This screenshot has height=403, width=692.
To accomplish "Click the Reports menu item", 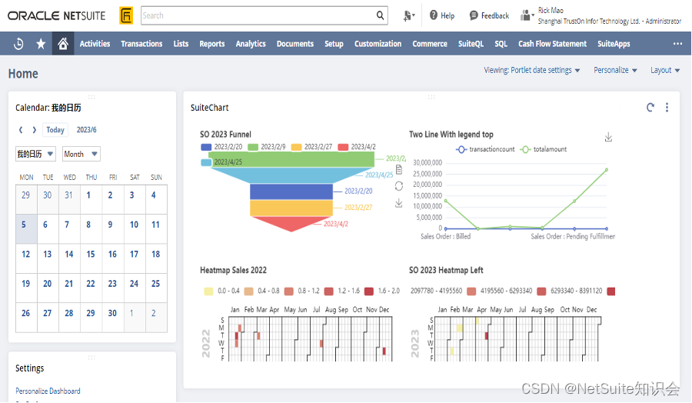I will click(x=211, y=44).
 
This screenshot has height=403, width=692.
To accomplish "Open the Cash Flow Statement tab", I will click(x=552, y=44).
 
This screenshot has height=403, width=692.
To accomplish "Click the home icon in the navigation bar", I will click(x=63, y=44).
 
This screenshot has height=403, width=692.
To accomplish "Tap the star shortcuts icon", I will click(x=41, y=44).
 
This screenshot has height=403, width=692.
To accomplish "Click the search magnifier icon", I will click(x=381, y=15).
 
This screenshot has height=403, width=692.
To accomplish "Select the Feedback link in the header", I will click(x=489, y=15).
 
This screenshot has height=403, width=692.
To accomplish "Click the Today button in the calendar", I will click(x=55, y=130).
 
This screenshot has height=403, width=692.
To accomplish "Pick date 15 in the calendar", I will click(x=91, y=254).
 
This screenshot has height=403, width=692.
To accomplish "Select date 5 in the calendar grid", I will click(x=24, y=225).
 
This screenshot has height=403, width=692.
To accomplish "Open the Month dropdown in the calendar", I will click(x=81, y=154).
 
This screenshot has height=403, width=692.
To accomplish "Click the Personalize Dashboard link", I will click(x=48, y=391).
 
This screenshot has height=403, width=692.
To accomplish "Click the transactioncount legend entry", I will click(x=485, y=149).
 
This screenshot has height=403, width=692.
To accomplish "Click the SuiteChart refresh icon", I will click(x=650, y=108).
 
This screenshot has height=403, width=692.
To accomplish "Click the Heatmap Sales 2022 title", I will click(x=233, y=270).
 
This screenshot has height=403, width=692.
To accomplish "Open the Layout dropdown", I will click(x=665, y=70).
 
